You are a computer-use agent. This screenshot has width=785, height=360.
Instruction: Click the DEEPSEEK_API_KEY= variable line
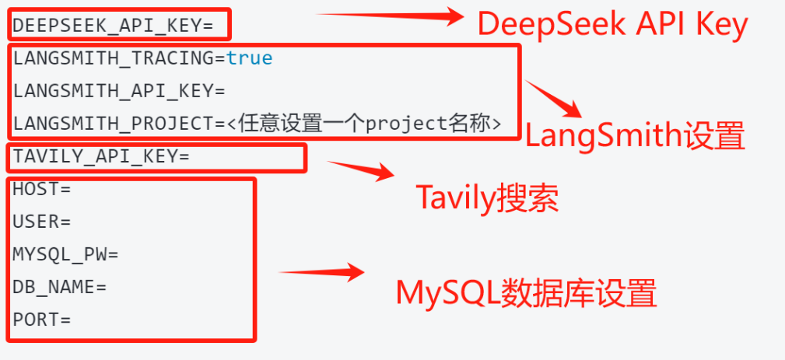click(x=113, y=26)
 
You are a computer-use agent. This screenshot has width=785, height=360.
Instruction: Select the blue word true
click(x=249, y=58)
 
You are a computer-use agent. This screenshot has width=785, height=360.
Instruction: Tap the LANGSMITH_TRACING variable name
click(x=113, y=58)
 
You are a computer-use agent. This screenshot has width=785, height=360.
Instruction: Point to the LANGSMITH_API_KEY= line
click(x=119, y=91)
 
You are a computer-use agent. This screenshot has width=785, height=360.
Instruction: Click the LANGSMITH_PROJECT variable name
click(x=113, y=124)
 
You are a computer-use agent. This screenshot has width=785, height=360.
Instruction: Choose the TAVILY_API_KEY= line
click(x=101, y=156)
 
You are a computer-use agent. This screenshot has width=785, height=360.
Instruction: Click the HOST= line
click(x=42, y=189)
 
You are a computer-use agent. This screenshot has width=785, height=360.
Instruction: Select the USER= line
click(x=42, y=222)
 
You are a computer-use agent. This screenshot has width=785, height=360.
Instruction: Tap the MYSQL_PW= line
click(x=65, y=254)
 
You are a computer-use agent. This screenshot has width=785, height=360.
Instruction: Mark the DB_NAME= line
click(x=60, y=287)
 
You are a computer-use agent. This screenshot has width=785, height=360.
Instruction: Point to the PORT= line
click(x=42, y=320)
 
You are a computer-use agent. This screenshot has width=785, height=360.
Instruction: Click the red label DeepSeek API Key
click(x=613, y=25)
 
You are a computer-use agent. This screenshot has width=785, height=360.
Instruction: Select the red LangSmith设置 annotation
click(x=635, y=136)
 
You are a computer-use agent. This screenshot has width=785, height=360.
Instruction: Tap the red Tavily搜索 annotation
click(x=487, y=198)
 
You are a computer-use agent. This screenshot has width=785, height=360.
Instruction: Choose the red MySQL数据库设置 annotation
click(x=526, y=292)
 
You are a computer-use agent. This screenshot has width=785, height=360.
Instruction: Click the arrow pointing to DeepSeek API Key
click(x=391, y=16)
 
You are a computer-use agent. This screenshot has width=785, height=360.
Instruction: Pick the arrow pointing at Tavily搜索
click(x=361, y=170)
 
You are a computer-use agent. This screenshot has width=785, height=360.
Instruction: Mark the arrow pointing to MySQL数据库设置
click(x=321, y=272)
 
